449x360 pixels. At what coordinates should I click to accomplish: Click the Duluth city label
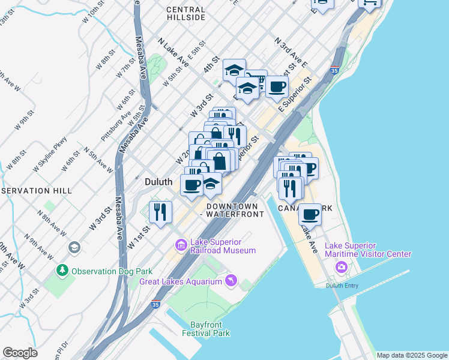coord(159,181)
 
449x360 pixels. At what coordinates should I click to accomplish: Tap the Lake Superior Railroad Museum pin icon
coord(180,245)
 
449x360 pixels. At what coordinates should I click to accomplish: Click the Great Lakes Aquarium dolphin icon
coord(231,280)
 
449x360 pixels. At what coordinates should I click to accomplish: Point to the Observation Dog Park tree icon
coord(62,271)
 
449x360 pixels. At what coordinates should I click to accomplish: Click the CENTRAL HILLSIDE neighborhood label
coord(185,14)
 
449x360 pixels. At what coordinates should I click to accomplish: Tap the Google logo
coord(20,353)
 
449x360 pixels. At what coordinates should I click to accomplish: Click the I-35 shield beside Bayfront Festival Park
coord(156,304)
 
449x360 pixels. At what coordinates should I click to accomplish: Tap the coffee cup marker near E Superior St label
coord(277,86)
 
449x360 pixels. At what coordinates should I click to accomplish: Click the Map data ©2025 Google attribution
coord(412,355)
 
